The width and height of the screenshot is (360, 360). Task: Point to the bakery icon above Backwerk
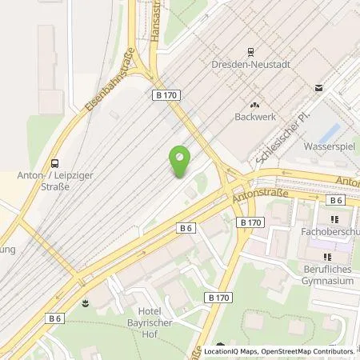click(x=255, y=102)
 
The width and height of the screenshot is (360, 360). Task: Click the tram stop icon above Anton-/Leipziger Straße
click(x=54, y=160)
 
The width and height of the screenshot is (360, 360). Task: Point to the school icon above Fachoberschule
click(x=334, y=218)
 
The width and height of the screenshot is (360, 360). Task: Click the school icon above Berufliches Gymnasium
click(x=327, y=256)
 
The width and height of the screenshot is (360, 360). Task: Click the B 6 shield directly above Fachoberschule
click(x=337, y=200)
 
